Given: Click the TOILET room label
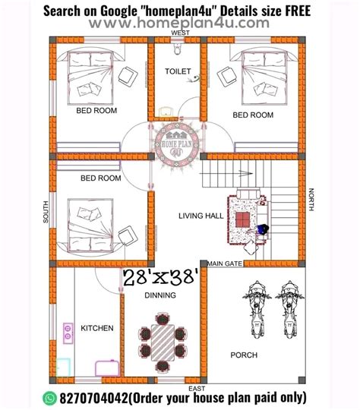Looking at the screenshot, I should (x=178, y=71).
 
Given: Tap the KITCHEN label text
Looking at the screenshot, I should (x=98, y=329).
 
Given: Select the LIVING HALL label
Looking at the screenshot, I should (x=201, y=216).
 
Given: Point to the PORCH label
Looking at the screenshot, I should (x=243, y=355).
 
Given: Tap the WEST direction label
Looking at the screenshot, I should (x=181, y=34).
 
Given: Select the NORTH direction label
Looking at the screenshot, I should (x=311, y=200).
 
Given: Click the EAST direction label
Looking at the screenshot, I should (x=196, y=389).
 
